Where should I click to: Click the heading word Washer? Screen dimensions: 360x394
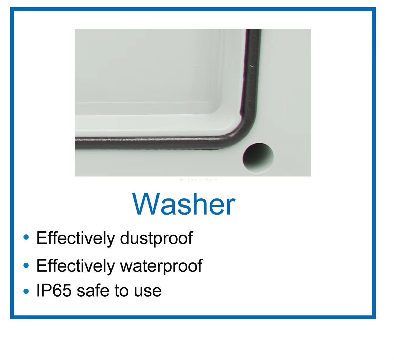coord(184,204)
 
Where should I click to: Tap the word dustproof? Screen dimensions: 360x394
coord(156,238)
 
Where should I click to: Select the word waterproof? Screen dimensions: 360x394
coord(161,266)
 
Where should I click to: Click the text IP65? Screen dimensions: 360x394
coord(54,290)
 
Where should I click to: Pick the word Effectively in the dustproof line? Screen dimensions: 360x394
coord(76,238)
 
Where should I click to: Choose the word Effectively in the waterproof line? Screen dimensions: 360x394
coord(76,266)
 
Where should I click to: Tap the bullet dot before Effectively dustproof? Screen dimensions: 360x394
coord(26,237)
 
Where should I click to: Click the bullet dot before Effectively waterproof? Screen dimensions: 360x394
coord(26,265)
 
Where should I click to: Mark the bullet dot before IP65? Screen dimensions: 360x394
coord(26,291)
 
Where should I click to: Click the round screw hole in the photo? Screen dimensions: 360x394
coord(258,158)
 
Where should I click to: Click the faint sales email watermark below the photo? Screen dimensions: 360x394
coord(197,180)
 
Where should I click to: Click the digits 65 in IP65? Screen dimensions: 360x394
coord(62,290)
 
